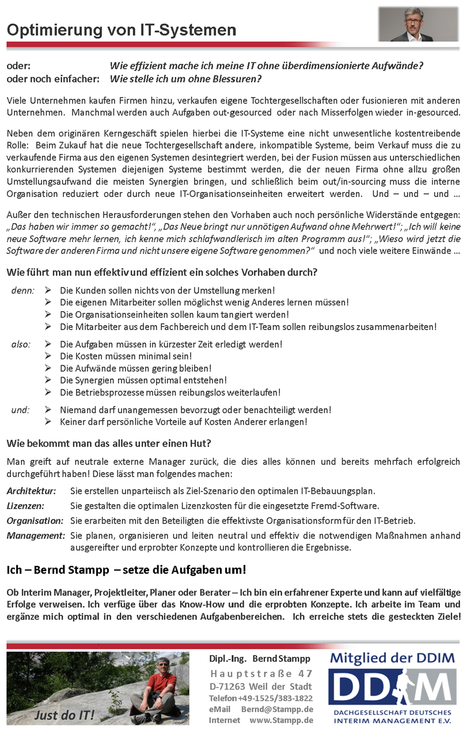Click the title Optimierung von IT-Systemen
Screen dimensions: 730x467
pos(122,30)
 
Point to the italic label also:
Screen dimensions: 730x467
pos(21,345)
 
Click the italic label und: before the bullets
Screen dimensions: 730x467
pos(21,410)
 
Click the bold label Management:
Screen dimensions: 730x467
pos(36,536)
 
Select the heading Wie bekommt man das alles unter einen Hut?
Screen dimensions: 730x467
pos(109,444)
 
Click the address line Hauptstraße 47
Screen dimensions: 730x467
pos(261,674)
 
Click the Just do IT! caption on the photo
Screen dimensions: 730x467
pos(64,716)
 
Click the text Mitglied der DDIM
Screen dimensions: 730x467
pos(392,657)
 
